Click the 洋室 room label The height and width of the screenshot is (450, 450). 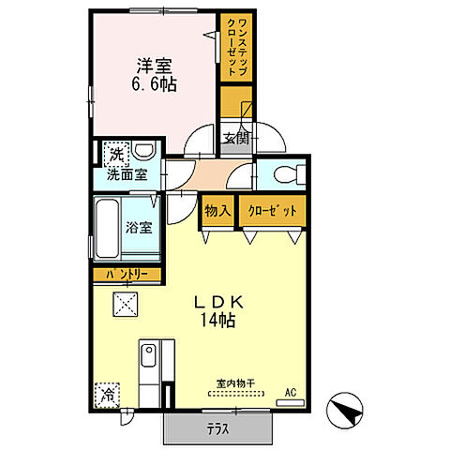pyautogui.click(x=156, y=66)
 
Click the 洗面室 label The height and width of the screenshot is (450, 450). pyautogui.click(x=126, y=173)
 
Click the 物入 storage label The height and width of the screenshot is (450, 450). pyautogui.click(x=217, y=212)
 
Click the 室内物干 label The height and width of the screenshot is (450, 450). pyautogui.click(x=235, y=383)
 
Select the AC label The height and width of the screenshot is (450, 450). pyautogui.click(x=291, y=391)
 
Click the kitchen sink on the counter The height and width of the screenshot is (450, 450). pyautogui.click(x=148, y=356)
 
